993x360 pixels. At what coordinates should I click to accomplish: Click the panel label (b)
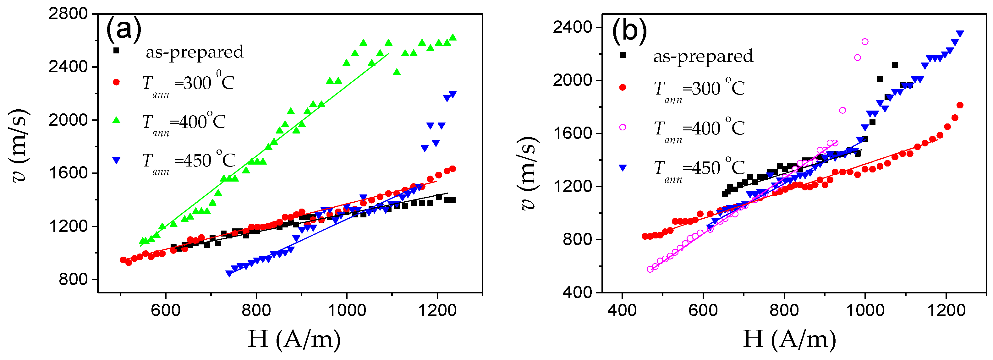point(629,31)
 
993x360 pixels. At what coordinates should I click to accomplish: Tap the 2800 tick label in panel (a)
point(68,14)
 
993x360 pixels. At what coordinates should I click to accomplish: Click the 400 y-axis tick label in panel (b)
point(577,292)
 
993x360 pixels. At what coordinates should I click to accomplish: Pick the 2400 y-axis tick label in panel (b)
point(572,27)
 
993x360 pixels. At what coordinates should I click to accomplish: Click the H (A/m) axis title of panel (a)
point(294,339)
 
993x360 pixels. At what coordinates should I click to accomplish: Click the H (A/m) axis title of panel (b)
point(789,339)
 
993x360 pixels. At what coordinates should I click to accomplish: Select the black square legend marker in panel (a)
point(116,51)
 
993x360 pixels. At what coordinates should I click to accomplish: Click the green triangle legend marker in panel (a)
point(116,121)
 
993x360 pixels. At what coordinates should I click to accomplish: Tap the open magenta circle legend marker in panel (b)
point(623,127)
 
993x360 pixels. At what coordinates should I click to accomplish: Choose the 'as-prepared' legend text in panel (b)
point(703,56)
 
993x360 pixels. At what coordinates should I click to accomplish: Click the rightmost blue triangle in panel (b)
point(960,34)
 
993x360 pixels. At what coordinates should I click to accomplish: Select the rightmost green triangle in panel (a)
point(453,37)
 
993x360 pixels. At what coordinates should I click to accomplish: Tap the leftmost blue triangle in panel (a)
point(229,274)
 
